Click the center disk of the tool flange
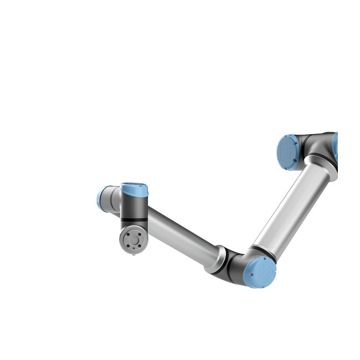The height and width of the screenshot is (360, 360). pos(133,240)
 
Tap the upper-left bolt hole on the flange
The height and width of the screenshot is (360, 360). pos(127,235)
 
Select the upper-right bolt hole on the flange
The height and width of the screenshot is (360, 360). pos(138,235)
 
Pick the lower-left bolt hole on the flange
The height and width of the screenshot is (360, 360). pos(127,246)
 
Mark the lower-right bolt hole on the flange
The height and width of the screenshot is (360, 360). pos(138,246)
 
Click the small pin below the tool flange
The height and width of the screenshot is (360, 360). pos(133,255)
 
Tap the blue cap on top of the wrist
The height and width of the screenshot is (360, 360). pos(135,189)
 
